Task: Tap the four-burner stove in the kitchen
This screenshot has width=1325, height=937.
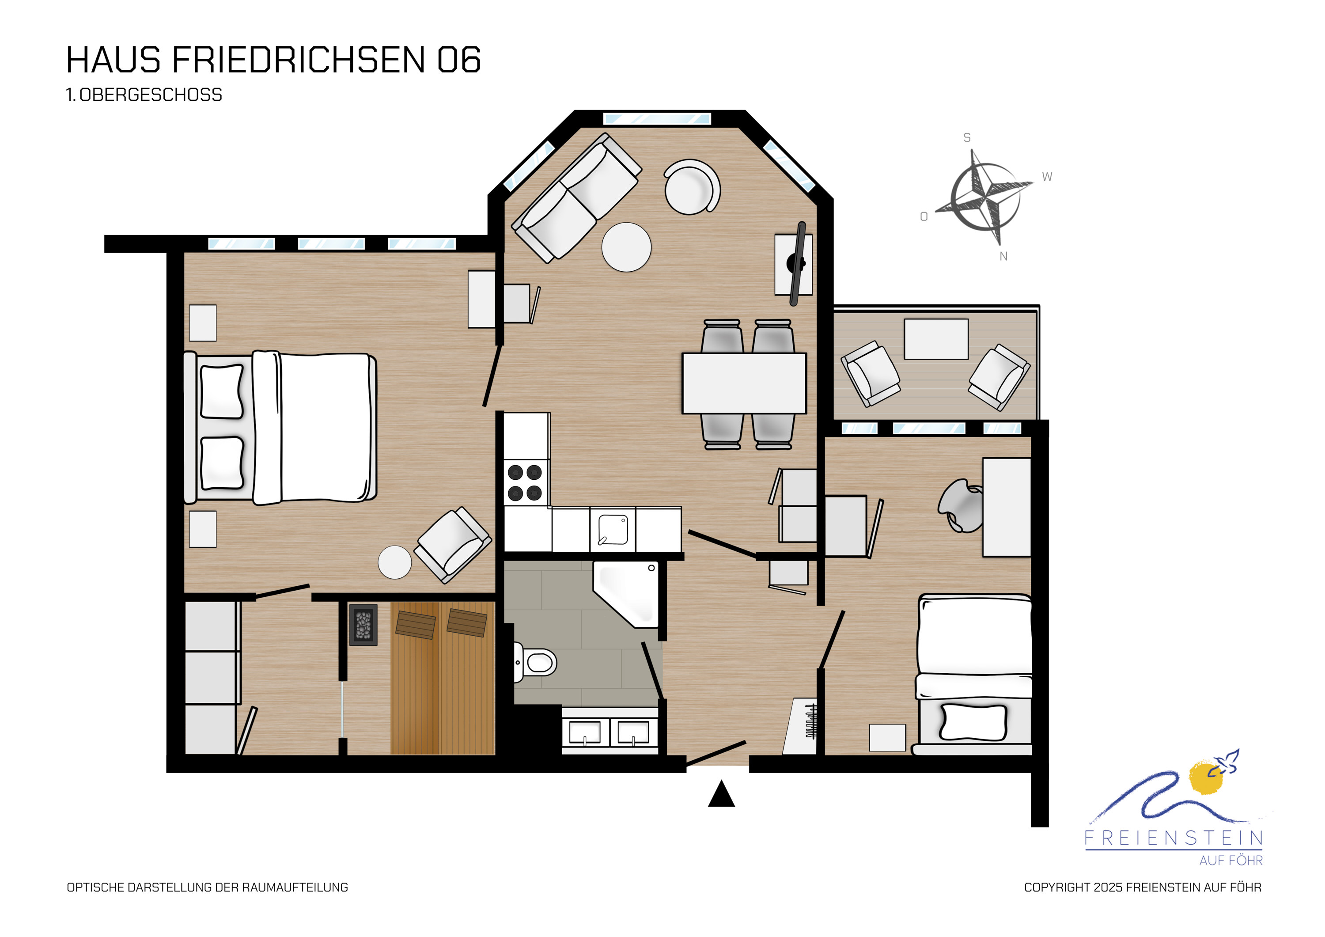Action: (525, 483)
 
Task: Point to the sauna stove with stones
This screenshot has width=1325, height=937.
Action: (363, 625)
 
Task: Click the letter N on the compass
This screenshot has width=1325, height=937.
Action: (1003, 256)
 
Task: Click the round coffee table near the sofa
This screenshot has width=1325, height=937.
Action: (626, 247)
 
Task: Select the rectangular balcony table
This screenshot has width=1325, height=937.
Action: (936, 339)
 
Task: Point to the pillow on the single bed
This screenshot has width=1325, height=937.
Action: (973, 722)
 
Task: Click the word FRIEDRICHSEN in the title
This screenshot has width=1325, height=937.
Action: (299, 60)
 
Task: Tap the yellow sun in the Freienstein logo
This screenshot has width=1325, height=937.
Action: (1206, 778)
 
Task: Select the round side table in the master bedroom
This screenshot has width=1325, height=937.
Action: (395, 562)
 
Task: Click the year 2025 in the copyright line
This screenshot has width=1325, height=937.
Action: (1109, 888)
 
